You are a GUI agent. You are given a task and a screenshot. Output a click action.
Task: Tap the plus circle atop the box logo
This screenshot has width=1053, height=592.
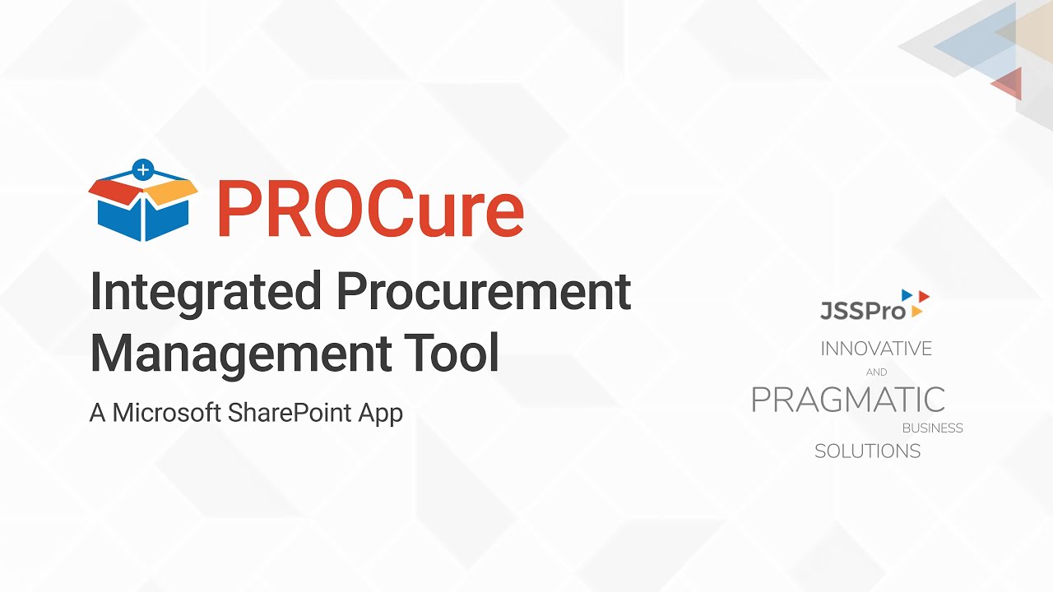(x=143, y=170)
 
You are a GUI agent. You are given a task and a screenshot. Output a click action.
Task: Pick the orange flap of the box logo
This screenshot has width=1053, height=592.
(x=172, y=192)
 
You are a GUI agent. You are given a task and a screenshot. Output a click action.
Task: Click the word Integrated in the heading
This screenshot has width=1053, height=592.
(x=206, y=292)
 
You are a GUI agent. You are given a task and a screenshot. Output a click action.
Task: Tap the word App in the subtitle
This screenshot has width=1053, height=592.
(x=380, y=412)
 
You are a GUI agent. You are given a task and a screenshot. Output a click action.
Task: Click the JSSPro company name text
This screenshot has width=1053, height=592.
(x=862, y=310)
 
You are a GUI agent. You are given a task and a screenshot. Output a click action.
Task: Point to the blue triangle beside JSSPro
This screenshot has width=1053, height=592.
(x=907, y=294)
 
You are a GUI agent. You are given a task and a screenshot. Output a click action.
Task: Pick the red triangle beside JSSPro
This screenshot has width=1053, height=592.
(x=924, y=295)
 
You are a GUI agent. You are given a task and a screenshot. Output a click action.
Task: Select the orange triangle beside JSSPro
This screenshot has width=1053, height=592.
(x=916, y=311)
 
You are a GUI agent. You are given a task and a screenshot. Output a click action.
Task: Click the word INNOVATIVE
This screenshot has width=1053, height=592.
(x=876, y=349)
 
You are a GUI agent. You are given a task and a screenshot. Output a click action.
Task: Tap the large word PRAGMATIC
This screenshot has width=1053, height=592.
(x=848, y=400)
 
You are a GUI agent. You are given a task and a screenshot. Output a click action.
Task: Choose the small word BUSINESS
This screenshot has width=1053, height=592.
(x=932, y=428)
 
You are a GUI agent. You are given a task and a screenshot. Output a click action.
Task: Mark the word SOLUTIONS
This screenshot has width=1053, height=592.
(x=867, y=451)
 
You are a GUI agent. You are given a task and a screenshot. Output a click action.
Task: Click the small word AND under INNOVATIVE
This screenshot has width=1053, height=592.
(x=876, y=372)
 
